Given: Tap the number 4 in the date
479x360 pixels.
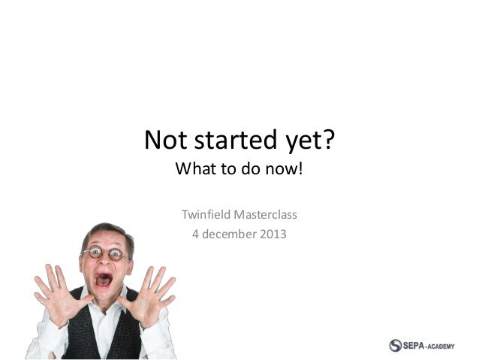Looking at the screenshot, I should (x=196, y=233).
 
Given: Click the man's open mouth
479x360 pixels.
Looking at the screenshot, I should (x=104, y=280).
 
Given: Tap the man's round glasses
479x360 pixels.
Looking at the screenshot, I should (x=105, y=253).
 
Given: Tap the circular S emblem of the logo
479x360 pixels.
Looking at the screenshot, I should (x=396, y=346).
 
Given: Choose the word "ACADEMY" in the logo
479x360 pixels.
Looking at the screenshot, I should (x=443, y=346).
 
